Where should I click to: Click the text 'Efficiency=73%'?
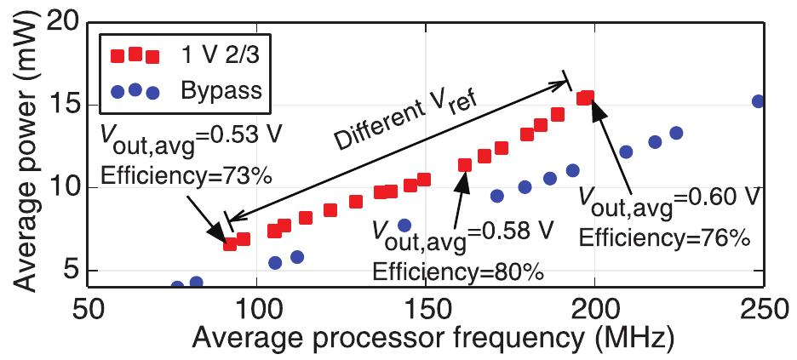click(x=186, y=176)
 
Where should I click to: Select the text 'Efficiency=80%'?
click(x=459, y=272)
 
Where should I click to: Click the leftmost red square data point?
click(x=230, y=244)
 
